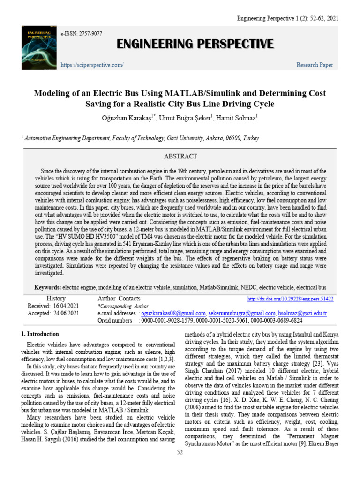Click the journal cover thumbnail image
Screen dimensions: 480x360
[38, 47]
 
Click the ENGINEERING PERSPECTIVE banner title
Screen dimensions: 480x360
[195, 44]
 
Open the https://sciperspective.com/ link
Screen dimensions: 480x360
[92, 65]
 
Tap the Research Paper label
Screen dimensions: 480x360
[315, 65]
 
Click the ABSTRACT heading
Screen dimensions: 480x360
[180, 156]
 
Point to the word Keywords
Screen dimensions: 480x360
[48, 287]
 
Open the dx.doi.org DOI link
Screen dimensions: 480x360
[290, 299]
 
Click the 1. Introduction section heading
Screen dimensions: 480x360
[40, 334]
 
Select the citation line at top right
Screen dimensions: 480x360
[287, 18]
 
